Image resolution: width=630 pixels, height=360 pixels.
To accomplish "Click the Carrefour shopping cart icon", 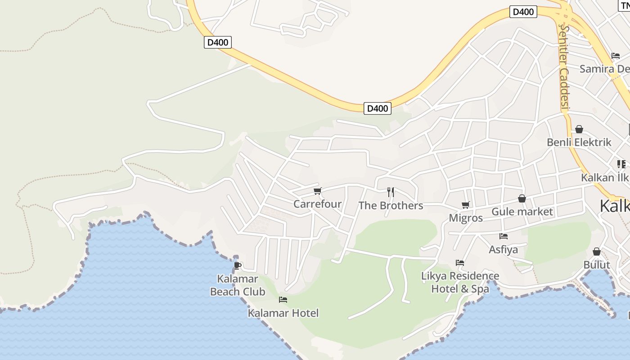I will [318, 191].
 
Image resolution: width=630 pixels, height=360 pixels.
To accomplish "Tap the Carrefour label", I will [317, 204].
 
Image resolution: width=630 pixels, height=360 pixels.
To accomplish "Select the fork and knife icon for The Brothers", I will [391, 192].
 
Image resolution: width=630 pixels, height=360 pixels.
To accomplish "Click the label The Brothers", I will [391, 206].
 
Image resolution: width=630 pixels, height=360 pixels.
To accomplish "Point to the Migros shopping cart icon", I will [466, 205].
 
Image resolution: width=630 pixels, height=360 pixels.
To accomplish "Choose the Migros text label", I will [466, 218].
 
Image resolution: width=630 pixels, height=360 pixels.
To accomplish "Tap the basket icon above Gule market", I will [522, 198].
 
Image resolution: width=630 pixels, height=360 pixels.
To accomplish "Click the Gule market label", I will [522, 211].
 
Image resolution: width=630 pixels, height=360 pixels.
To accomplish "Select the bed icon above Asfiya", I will [504, 236].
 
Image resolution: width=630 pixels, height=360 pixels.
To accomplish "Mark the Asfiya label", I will [504, 249].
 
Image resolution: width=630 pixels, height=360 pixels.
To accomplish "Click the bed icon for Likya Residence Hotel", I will [460, 263].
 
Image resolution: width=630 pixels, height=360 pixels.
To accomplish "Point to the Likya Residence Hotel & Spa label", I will [460, 282].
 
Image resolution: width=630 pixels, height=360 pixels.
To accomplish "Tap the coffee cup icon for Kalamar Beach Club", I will [238, 265].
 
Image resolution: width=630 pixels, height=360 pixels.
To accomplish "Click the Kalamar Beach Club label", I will [238, 285].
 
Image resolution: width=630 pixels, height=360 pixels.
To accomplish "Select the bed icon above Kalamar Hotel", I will [283, 300].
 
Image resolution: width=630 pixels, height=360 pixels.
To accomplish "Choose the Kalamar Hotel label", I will [283, 313].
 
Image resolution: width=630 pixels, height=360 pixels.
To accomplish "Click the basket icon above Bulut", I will [597, 252].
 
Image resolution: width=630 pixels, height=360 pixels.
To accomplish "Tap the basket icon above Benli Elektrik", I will [579, 129].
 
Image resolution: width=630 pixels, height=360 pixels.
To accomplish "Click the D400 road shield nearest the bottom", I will [377, 108].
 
